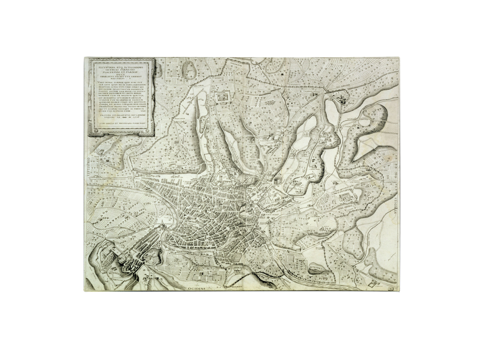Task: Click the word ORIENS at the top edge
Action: pos(301,59)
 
